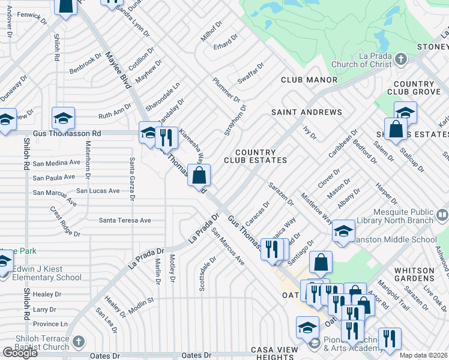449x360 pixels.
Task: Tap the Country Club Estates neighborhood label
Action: click(255, 157)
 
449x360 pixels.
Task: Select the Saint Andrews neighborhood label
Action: click(306, 112)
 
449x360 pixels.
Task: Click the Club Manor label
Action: click(309, 79)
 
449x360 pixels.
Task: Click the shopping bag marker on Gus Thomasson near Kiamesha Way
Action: click(200, 176)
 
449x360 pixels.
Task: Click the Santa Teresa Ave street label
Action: click(125, 220)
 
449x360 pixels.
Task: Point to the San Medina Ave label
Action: click(56, 163)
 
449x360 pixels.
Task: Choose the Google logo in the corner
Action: click(19, 353)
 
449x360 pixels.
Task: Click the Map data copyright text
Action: click(424, 355)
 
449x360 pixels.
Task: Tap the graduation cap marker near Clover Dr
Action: click(343, 232)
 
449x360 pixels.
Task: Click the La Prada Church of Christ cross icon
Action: click(402, 59)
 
